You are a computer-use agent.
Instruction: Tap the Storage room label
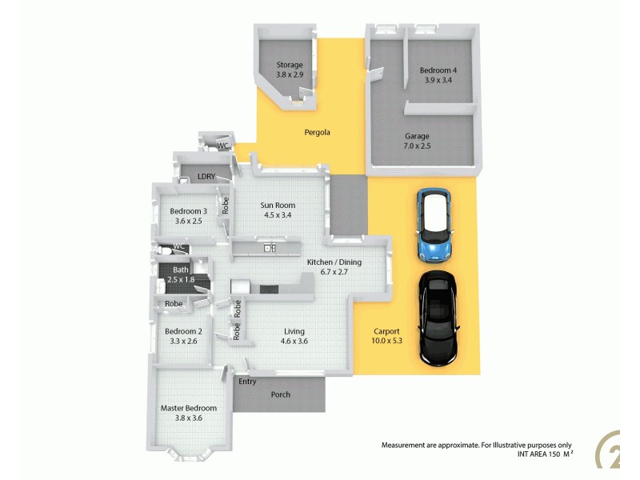pos(290,65)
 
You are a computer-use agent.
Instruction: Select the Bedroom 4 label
pos(438,70)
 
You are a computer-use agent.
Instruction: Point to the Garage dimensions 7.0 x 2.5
pos(417,146)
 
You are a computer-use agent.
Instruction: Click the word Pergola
pos(318,132)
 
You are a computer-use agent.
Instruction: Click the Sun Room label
pos(278,206)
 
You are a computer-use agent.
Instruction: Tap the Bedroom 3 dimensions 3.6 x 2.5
pos(188,222)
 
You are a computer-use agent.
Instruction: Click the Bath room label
pos(182,270)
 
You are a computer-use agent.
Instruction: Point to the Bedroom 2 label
pos(183,331)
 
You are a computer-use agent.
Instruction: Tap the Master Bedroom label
pos(189,408)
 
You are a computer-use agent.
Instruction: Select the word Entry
pos(247,382)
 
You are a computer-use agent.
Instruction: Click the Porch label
pos(280,394)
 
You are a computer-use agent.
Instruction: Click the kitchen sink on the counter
pos(270,248)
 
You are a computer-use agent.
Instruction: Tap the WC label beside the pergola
pos(224,146)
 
